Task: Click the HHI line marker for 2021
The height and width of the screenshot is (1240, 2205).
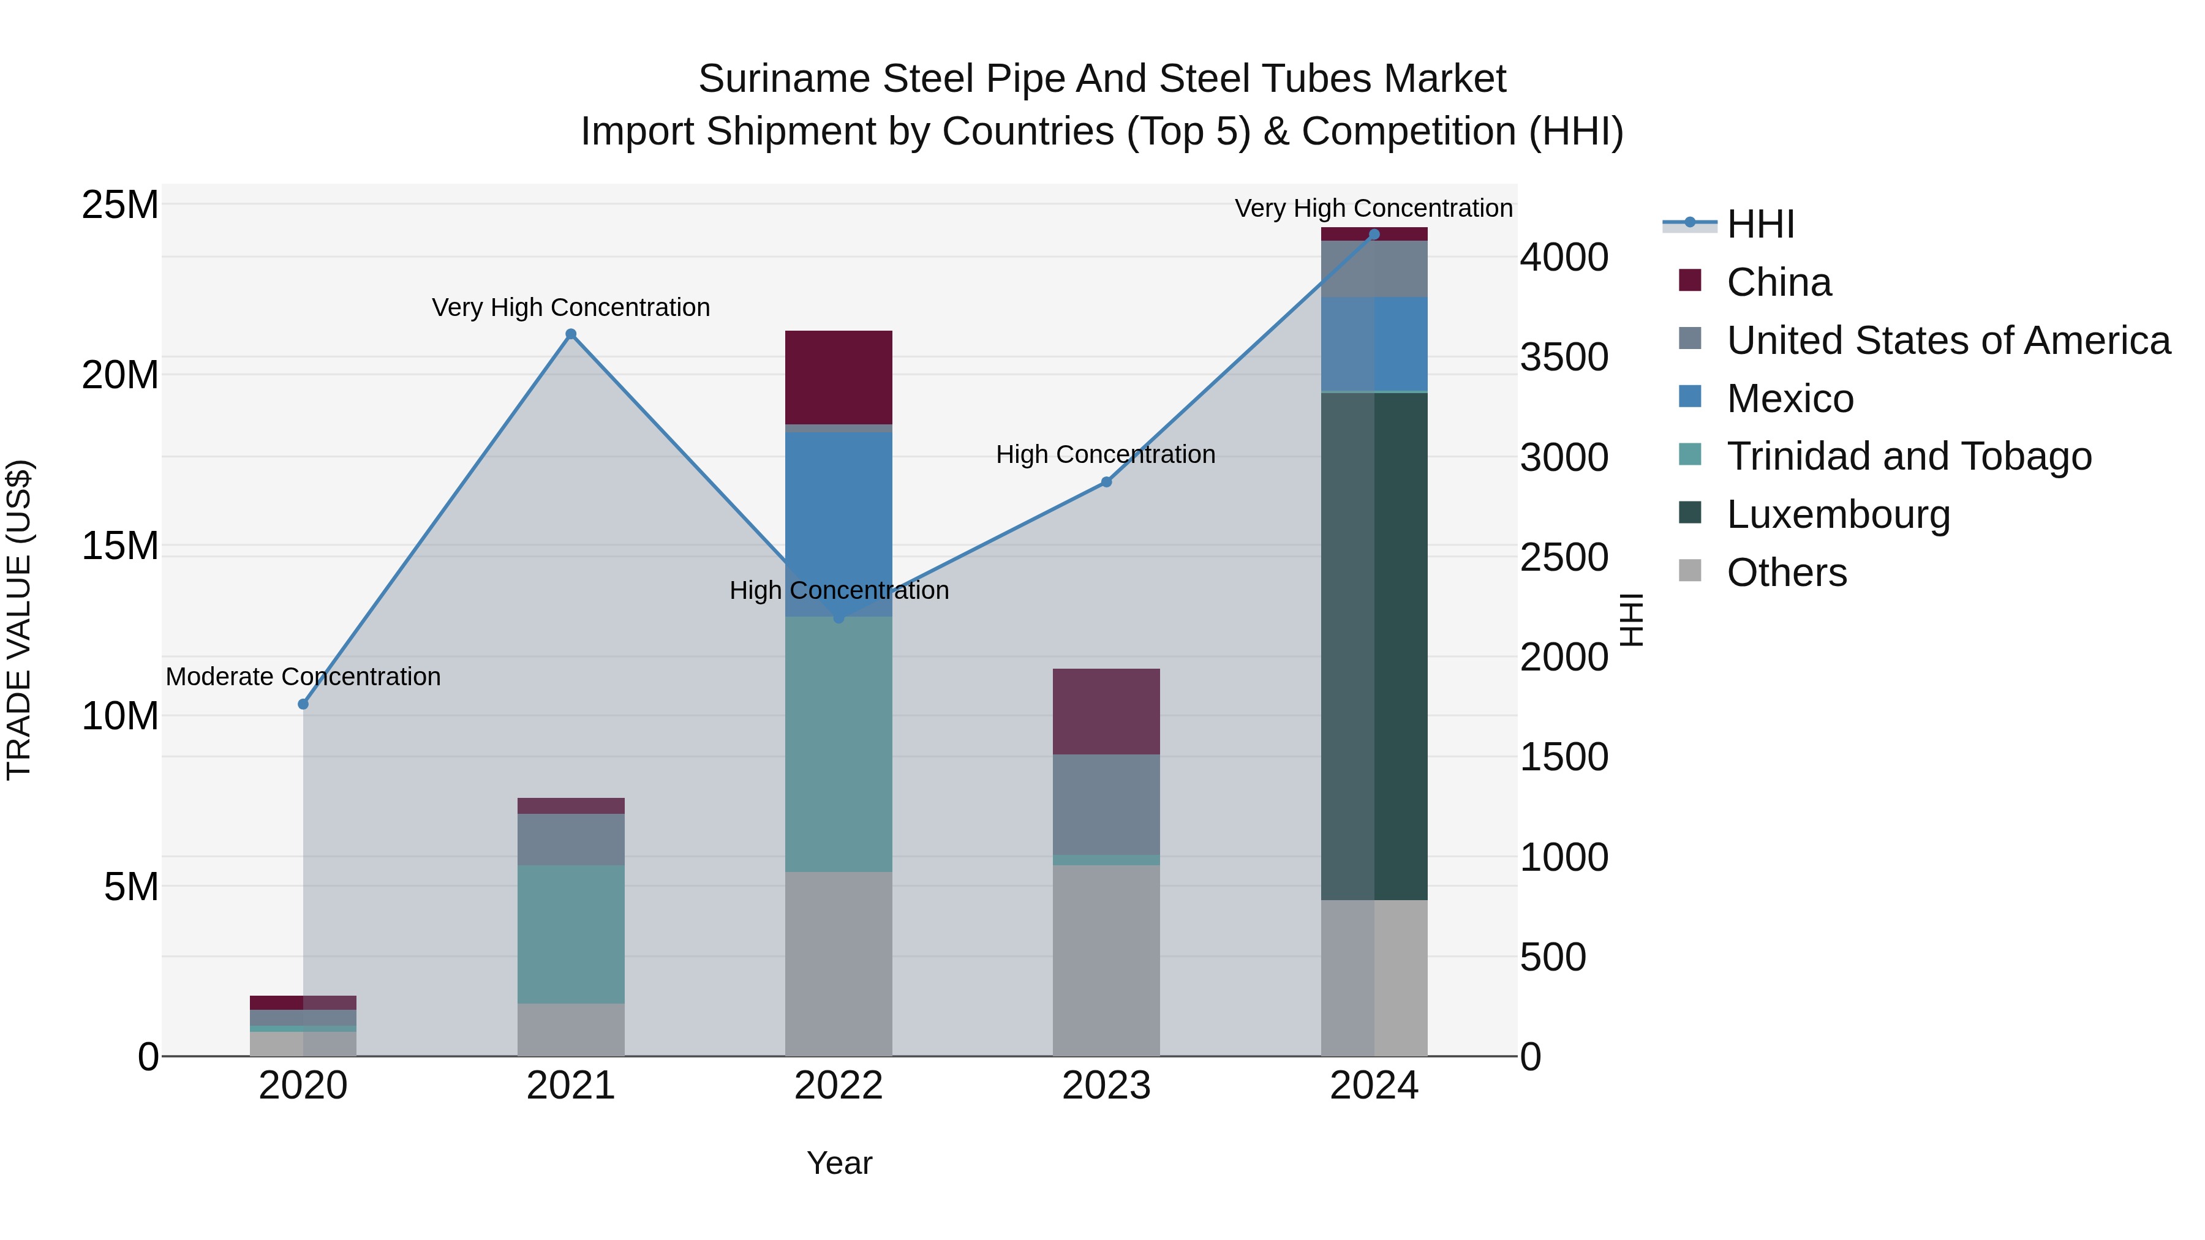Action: pyautogui.click(x=571, y=334)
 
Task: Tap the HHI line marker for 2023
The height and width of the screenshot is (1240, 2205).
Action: pyautogui.click(x=1106, y=483)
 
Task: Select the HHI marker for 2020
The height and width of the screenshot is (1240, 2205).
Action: pyautogui.click(x=303, y=704)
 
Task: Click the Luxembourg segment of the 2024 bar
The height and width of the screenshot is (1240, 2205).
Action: pyautogui.click(x=1374, y=646)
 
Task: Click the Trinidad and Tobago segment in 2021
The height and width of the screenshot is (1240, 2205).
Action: pyautogui.click(x=571, y=934)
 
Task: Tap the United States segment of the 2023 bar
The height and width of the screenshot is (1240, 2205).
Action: pyautogui.click(x=1106, y=805)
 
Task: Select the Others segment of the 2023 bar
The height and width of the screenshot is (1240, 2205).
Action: pyautogui.click(x=1106, y=960)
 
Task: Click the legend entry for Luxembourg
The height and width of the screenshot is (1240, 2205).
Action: pyautogui.click(x=1838, y=514)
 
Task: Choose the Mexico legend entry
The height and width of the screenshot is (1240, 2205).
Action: pyautogui.click(x=1790, y=399)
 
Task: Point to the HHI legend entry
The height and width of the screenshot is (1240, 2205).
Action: pyautogui.click(x=1760, y=224)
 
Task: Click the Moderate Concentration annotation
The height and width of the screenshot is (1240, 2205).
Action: pyautogui.click(x=303, y=677)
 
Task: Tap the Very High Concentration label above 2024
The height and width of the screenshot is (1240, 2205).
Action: pyautogui.click(x=1373, y=209)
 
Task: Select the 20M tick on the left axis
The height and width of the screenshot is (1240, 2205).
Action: pyautogui.click(x=120, y=375)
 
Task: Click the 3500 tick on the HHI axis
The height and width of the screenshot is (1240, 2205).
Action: pyautogui.click(x=1564, y=358)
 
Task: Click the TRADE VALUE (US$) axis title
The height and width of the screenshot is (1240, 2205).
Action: pyautogui.click(x=19, y=620)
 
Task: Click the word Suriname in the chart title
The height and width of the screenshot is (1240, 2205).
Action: pyautogui.click(x=783, y=80)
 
